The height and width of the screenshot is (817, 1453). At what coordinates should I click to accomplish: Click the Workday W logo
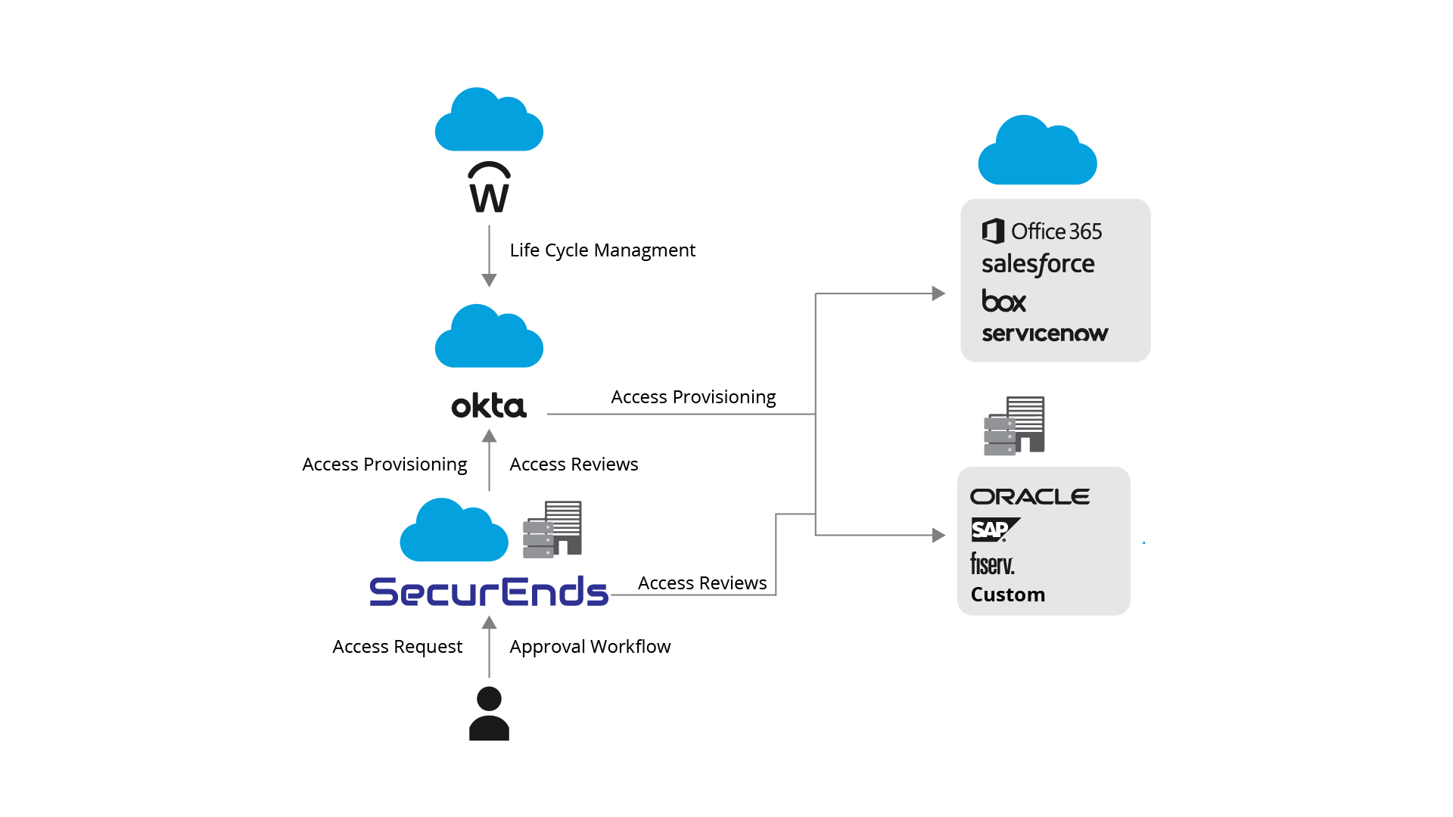point(489,187)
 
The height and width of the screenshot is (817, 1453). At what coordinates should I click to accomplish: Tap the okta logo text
point(489,405)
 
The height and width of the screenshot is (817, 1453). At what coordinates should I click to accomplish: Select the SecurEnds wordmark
point(489,592)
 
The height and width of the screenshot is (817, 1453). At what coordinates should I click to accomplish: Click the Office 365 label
point(1042,231)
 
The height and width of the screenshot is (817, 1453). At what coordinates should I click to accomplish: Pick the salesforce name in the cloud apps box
point(1038,264)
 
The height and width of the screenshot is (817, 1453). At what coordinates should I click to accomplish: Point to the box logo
point(1003,300)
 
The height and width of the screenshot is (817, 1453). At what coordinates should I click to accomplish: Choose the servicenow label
point(1045,334)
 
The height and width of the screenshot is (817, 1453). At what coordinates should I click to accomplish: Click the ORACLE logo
point(1030,496)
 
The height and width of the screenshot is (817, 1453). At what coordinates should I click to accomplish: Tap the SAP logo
point(995,530)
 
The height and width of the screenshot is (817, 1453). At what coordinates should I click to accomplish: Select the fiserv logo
point(992,564)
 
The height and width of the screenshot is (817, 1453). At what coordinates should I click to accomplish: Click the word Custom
point(1008,595)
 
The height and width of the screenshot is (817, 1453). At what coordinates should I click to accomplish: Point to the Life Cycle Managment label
point(602,250)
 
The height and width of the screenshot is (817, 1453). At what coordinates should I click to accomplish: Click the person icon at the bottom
point(489,713)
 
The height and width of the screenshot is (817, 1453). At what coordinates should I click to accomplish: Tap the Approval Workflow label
point(590,647)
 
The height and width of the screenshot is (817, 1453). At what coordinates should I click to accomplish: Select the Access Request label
point(397,647)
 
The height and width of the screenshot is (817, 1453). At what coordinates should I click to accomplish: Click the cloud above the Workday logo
point(489,119)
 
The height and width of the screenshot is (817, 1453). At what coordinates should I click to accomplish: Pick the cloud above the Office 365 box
point(1038,150)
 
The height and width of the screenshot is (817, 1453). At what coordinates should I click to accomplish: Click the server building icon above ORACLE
point(1014,426)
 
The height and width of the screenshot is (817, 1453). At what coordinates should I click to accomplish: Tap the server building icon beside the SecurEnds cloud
point(552,530)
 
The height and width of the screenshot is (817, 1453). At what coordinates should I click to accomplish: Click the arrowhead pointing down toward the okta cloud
point(489,281)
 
